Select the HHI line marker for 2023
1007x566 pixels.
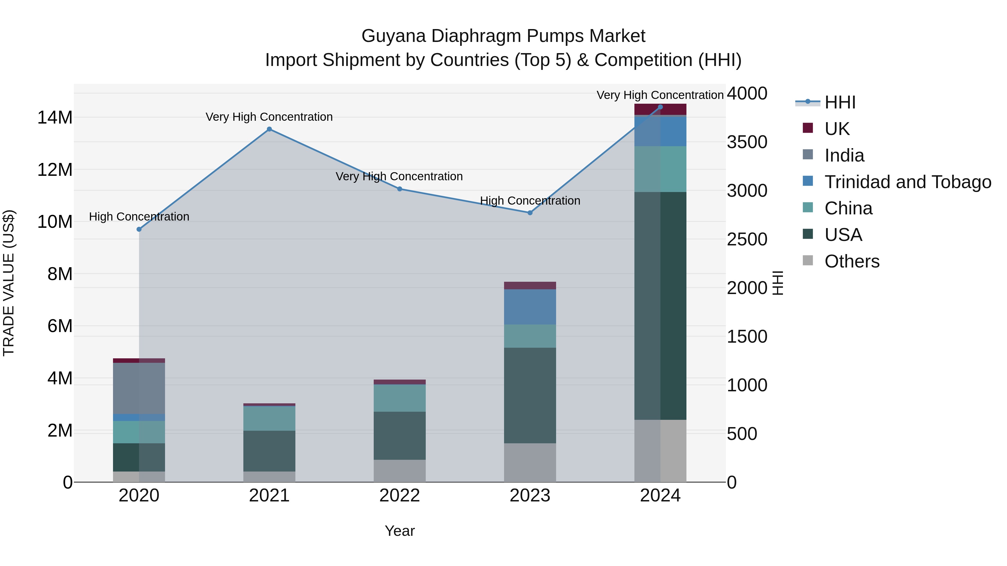pos(530,213)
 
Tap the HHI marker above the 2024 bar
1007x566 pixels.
pos(660,107)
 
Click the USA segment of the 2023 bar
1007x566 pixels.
pos(530,395)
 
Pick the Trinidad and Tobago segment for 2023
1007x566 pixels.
pos(530,307)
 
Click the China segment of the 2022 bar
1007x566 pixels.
pos(399,398)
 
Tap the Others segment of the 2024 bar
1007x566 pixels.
pos(660,451)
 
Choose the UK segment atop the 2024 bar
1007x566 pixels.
pos(660,109)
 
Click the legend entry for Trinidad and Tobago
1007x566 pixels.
pos(907,182)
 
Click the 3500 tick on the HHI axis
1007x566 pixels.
pos(747,142)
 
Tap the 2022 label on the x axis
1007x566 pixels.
pos(399,496)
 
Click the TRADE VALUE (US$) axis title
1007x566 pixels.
pos(9,283)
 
